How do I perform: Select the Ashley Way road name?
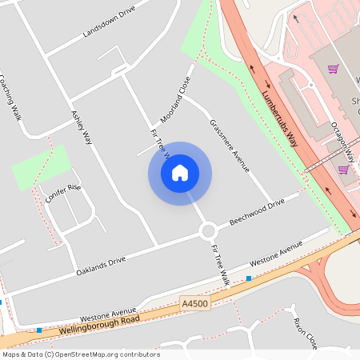[x=82, y=127]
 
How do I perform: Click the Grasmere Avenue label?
[x=230, y=146]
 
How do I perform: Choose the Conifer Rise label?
[x=63, y=193]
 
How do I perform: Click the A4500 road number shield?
[x=194, y=304]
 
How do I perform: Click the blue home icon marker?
[x=180, y=173]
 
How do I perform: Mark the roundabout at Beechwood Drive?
[x=208, y=231]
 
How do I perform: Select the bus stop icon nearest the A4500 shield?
[x=249, y=278]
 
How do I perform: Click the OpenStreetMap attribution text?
[x=80, y=354]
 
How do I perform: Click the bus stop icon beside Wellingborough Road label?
[x=38, y=330]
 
